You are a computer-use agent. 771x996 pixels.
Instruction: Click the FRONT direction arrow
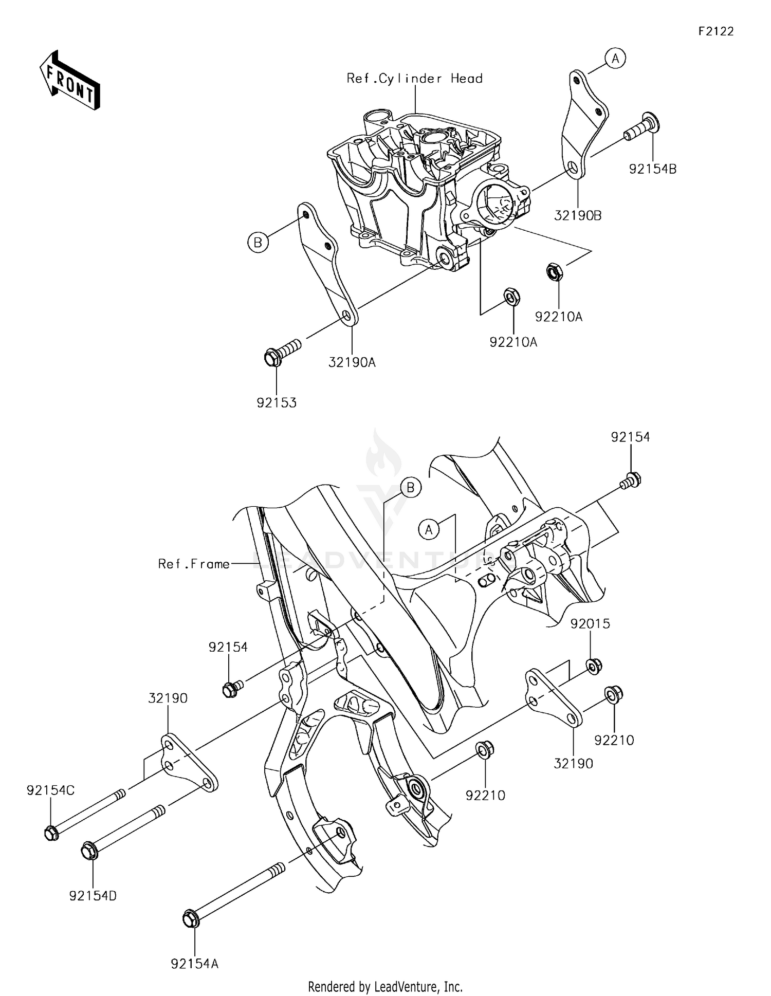[69, 81]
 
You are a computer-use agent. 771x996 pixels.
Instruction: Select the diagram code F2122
[716, 31]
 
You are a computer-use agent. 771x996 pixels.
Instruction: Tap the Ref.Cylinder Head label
[414, 79]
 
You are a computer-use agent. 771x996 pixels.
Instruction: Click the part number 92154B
[652, 169]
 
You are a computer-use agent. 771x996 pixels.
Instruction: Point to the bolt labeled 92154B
[642, 127]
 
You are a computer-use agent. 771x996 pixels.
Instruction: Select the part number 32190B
[578, 216]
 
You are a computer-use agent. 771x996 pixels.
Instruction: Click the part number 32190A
[352, 362]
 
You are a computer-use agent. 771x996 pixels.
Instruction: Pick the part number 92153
[277, 403]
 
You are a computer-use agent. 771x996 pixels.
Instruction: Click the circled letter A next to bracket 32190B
[615, 59]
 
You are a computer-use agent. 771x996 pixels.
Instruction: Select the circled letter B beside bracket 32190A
[258, 242]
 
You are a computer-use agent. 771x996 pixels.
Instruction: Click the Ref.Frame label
[194, 564]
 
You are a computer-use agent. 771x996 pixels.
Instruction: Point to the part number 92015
[590, 623]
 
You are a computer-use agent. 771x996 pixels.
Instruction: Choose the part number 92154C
[50, 790]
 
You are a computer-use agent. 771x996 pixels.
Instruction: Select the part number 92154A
[194, 964]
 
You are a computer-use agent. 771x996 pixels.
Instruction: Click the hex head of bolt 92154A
[191, 918]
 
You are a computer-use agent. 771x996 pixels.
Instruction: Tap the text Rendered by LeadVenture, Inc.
[385, 986]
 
